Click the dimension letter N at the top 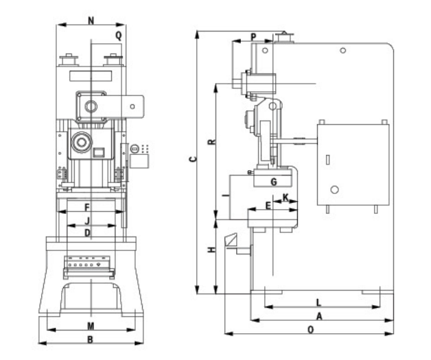92,21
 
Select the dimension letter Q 119,34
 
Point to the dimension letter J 88,220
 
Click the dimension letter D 88,233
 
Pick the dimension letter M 91,325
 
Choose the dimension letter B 90,339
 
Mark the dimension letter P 253,36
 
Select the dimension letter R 212,143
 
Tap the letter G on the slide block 273,182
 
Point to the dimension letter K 286,197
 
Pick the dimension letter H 212,249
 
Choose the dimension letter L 318,302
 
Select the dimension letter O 310,329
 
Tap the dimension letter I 224,196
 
